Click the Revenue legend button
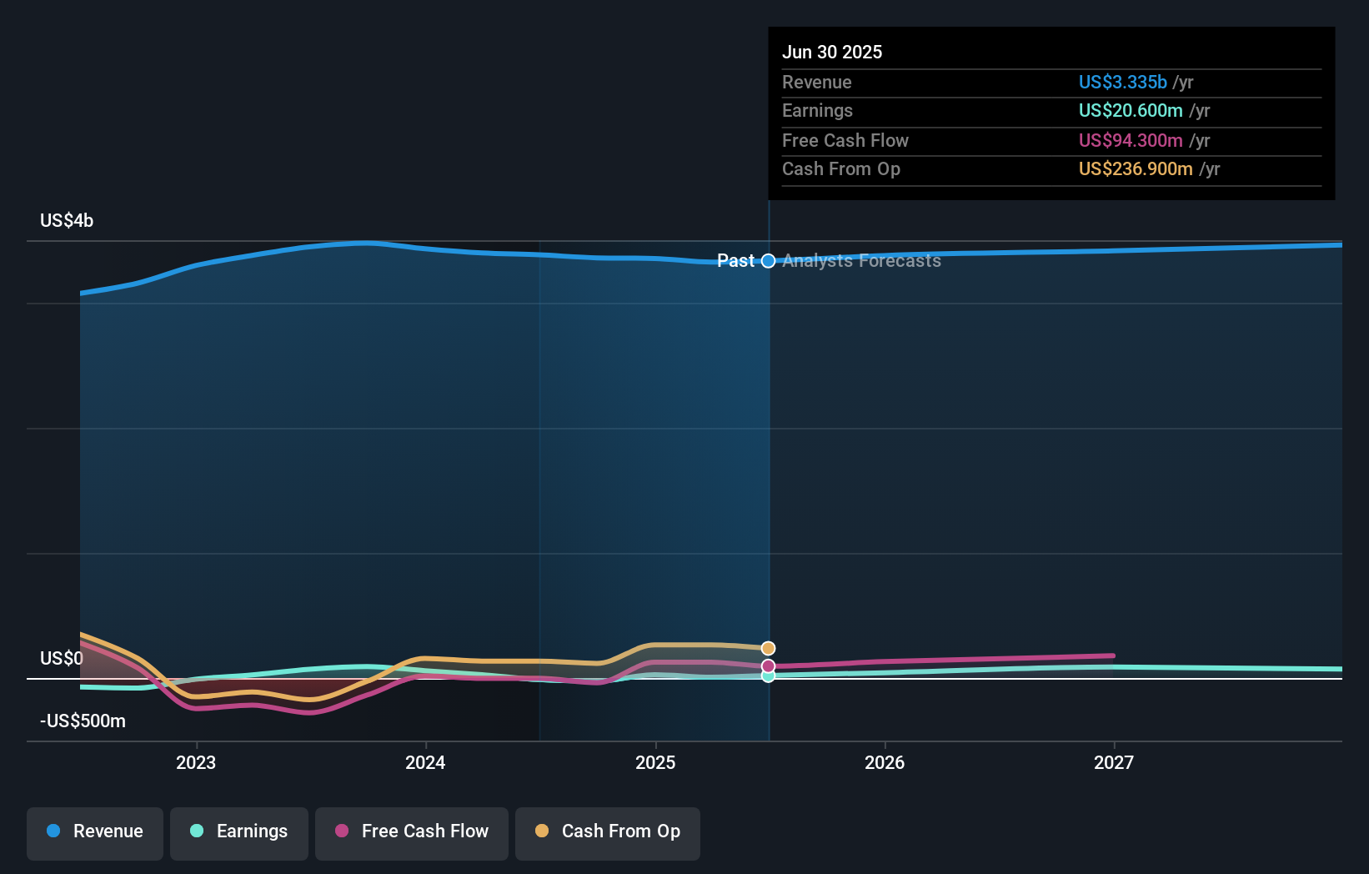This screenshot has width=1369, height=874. [x=95, y=831]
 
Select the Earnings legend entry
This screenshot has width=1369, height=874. [x=239, y=831]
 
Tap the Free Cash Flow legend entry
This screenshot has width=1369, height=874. [x=412, y=831]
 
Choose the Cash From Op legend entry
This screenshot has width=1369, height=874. [x=608, y=831]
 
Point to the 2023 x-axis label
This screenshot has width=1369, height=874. [x=196, y=762]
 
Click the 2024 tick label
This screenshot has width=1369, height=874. [x=425, y=762]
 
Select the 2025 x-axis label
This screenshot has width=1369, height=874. [x=655, y=762]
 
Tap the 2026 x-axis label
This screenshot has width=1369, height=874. [x=885, y=762]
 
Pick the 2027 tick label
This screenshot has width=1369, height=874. [x=1114, y=762]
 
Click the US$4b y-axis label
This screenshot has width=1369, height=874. [x=67, y=221]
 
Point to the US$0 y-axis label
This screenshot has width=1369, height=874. [x=62, y=659]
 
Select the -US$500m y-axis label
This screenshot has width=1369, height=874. [x=83, y=721]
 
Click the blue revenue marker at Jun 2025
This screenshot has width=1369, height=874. [x=769, y=261]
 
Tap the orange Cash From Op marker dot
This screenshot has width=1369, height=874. [x=769, y=648]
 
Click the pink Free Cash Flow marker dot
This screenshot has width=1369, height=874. [x=769, y=666]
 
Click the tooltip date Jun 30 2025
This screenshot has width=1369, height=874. [x=832, y=52]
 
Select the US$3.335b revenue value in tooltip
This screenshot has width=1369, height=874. [x=1122, y=82]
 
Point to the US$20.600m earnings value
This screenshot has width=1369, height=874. [x=1131, y=110]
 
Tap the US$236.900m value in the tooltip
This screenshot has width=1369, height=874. [x=1136, y=168]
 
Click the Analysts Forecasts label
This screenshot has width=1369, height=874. [x=861, y=261]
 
